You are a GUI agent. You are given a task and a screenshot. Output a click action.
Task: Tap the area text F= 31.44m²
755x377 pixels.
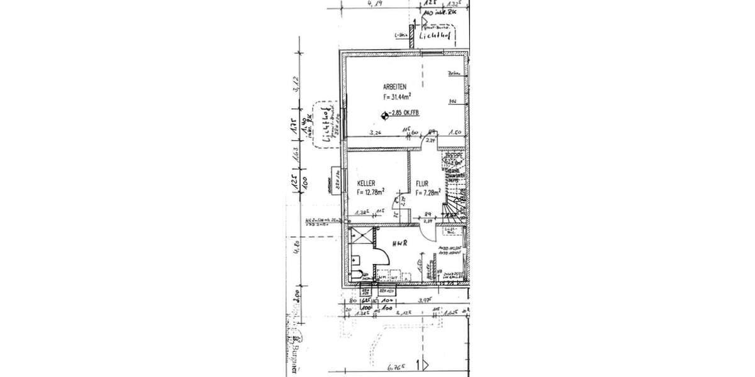pyautogui.click(x=398, y=97)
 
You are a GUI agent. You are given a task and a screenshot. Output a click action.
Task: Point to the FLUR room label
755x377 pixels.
pyautogui.click(x=422, y=185)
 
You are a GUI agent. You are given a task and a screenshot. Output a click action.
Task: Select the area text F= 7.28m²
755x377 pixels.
pyautogui.click(x=427, y=194)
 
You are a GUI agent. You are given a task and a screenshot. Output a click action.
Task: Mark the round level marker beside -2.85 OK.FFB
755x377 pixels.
pyautogui.click(x=384, y=114)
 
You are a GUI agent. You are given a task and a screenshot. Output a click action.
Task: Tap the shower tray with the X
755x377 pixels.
pyautogui.click(x=362, y=238)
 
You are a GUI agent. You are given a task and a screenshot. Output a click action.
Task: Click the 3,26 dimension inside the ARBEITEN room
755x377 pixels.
pyautogui.click(x=376, y=133)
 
